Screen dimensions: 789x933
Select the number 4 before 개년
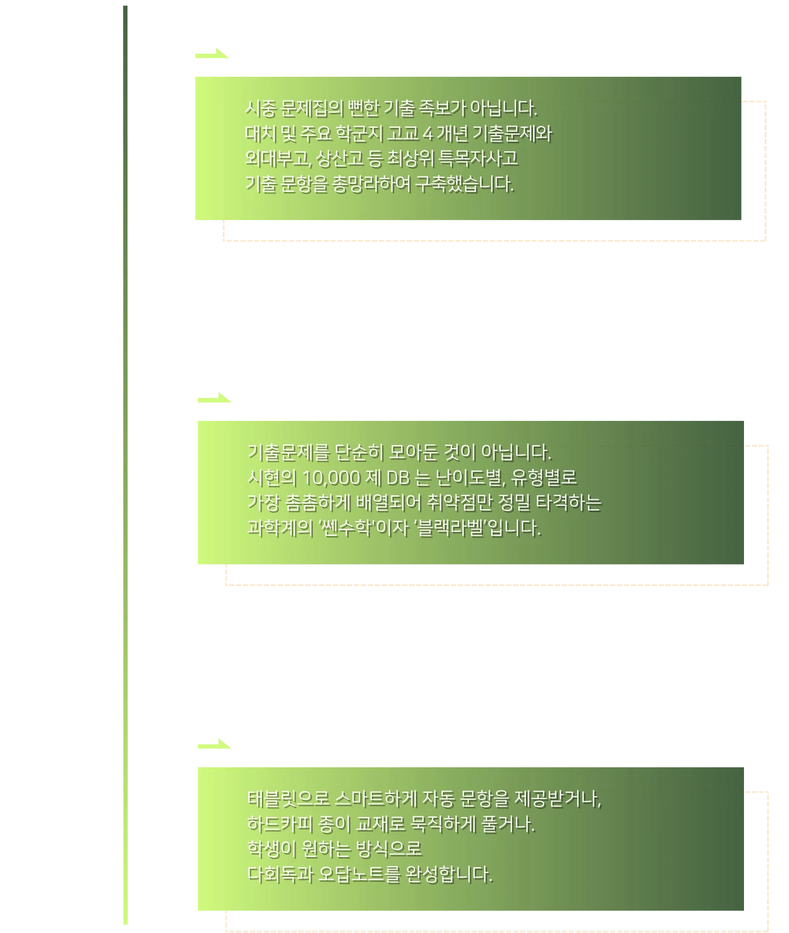pyautogui.click(x=428, y=134)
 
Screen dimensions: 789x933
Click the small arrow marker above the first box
pyautogui.click(x=212, y=54)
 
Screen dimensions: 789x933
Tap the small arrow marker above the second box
pyautogui.click(x=214, y=398)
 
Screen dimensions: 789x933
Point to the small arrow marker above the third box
pyautogui.click(x=214, y=744)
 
